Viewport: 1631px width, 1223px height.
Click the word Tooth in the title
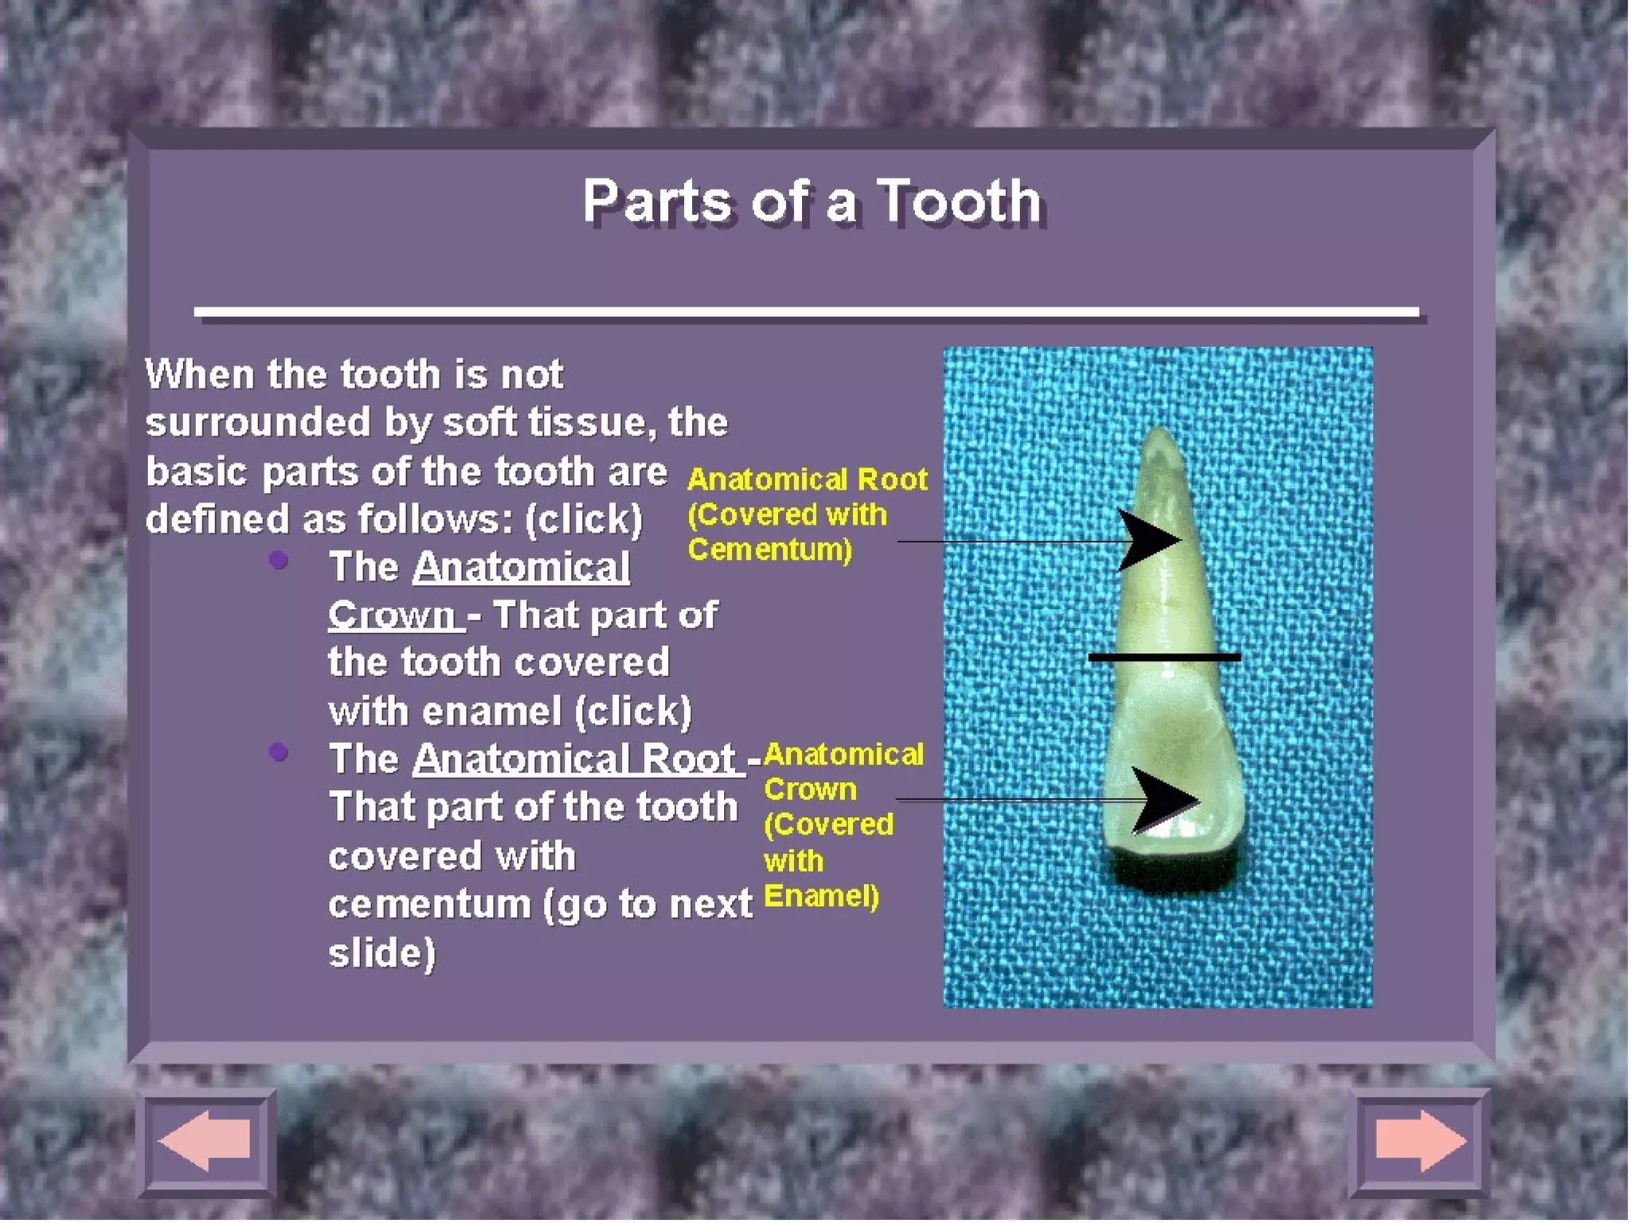point(959,201)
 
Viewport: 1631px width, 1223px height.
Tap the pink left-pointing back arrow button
point(205,1140)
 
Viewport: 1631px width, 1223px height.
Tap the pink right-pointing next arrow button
point(1420,1140)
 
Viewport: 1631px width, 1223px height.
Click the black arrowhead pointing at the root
point(1151,541)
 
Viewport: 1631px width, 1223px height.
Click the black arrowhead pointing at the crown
point(1164,799)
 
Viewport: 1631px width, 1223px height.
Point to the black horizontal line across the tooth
point(1164,657)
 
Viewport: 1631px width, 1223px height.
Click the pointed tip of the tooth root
point(1160,434)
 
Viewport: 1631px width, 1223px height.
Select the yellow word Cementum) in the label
point(769,549)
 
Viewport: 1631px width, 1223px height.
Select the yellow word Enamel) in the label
point(820,897)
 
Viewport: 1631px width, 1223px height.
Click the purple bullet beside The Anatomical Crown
point(278,561)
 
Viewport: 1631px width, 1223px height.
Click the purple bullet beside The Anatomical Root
point(278,752)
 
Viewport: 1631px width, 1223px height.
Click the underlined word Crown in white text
point(392,615)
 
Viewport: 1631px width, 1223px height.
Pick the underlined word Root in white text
point(688,758)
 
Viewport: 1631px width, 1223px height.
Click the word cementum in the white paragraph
point(429,904)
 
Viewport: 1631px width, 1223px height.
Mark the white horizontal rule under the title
point(806,312)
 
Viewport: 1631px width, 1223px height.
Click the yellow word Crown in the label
point(810,789)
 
